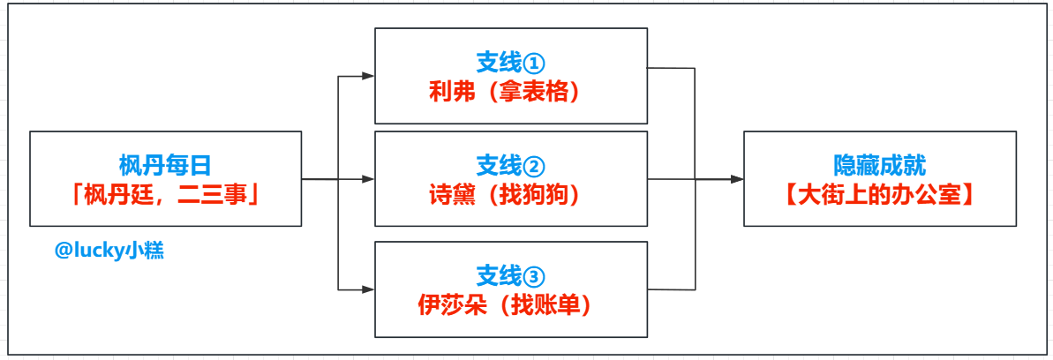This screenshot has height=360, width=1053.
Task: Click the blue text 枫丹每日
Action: [165, 164]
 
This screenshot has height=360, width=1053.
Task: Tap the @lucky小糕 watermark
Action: [109, 251]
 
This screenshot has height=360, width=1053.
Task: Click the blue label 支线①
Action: [511, 63]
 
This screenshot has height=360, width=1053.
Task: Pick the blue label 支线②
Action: [511, 165]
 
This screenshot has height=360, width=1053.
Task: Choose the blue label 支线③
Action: [511, 276]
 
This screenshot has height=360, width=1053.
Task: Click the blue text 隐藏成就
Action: [879, 165]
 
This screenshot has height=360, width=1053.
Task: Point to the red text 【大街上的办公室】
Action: [879, 194]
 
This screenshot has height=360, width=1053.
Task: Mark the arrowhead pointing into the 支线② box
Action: [368, 179]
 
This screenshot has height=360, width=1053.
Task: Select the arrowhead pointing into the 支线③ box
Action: [368, 289]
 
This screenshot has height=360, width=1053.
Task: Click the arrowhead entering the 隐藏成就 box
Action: [736, 179]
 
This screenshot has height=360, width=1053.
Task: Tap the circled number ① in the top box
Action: [535, 63]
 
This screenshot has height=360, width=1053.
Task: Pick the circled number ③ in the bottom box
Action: [535, 276]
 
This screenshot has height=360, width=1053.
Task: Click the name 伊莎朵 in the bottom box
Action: [449, 305]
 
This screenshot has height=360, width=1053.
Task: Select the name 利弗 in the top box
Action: [448, 92]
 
